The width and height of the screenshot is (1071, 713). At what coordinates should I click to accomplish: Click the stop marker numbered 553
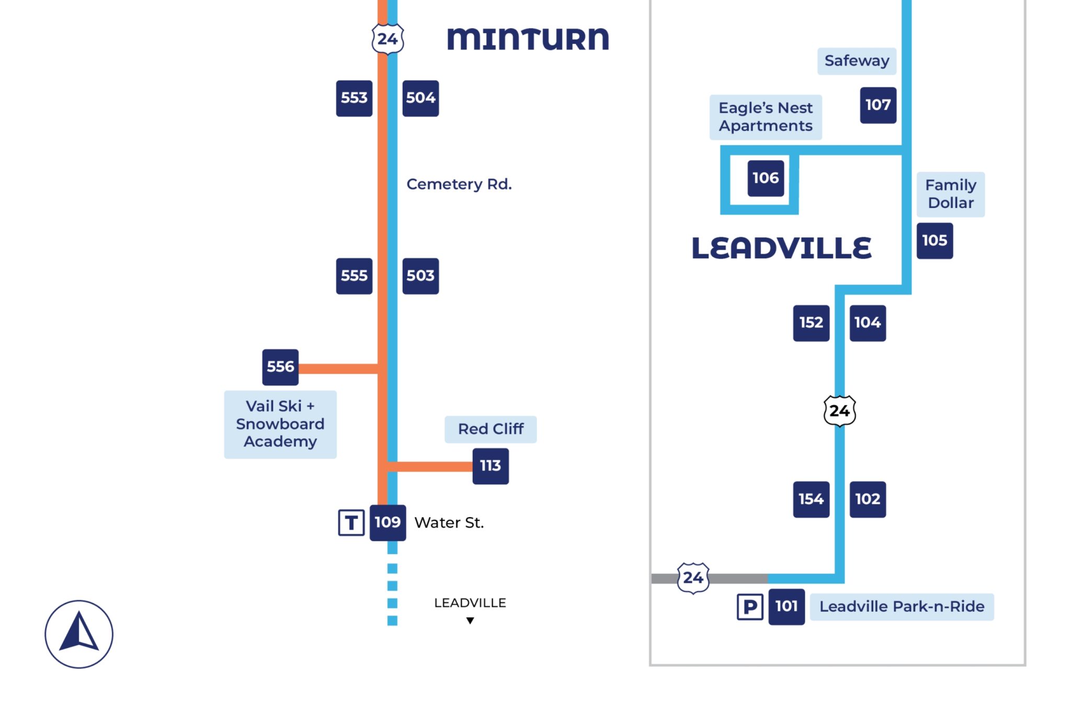click(354, 98)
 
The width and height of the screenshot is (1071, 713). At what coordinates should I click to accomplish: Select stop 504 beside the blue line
click(420, 98)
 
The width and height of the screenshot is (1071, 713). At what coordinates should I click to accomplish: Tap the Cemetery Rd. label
click(459, 184)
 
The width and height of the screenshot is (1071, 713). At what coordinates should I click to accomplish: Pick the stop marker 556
click(280, 367)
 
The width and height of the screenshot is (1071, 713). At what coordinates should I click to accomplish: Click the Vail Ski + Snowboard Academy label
click(280, 424)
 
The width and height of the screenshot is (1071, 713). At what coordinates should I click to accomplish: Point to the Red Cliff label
click(491, 429)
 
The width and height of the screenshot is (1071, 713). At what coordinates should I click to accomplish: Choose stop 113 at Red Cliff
click(491, 466)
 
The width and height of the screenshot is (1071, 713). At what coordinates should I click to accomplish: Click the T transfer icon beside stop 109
click(351, 522)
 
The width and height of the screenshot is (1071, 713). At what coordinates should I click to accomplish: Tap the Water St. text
click(449, 522)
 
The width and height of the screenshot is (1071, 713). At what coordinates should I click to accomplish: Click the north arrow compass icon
click(79, 634)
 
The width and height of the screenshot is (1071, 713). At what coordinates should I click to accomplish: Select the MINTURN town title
click(528, 39)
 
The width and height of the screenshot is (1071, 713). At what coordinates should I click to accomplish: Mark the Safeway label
click(857, 61)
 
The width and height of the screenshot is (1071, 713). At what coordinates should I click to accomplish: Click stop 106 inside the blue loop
click(766, 178)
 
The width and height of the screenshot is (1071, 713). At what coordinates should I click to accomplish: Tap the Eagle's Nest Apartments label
click(766, 117)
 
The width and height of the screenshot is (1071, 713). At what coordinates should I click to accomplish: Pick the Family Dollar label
click(950, 194)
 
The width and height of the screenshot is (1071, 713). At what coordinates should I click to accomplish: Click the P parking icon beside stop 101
click(750, 606)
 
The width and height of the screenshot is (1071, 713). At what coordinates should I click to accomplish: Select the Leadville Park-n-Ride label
click(902, 606)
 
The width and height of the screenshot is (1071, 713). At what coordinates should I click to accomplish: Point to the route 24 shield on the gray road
click(693, 578)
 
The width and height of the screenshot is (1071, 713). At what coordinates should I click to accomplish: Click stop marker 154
click(811, 499)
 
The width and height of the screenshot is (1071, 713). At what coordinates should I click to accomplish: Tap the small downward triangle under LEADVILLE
click(470, 620)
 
